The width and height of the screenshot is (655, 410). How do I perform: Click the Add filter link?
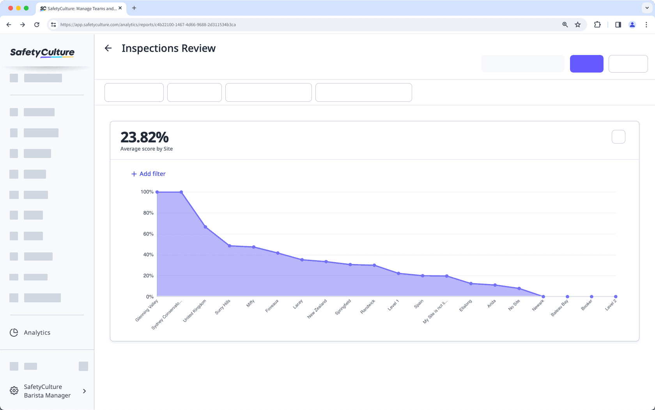pyautogui.click(x=149, y=174)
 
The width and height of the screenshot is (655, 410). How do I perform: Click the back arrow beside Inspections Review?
pyautogui.click(x=108, y=48)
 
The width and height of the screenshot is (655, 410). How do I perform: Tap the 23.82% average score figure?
pyautogui.click(x=144, y=137)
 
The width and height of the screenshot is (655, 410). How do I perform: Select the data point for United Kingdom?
pyautogui.click(x=205, y=227)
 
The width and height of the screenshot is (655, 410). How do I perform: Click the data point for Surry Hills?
pyautogui.click(x=230, y=246)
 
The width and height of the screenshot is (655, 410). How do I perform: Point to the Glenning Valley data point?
pyautogui.click(x=157, y=192)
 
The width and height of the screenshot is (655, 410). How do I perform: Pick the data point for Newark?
pyautogui.click(x=543, y=296)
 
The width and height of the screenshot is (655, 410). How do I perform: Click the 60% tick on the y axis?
pyautogui.click(x=148, y=234)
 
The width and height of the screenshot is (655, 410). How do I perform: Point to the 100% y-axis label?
pyautogui.click(x=147, y=192)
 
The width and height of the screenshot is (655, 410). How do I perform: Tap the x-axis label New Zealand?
pyautogui.click(x=317, y=309)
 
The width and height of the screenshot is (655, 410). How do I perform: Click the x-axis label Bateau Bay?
pyautogui.click(x=559, y=308)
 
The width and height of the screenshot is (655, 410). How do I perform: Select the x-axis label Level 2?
pyautogui.click(x=611, y=305)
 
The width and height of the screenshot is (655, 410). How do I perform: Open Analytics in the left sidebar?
pyautogui.click(x=37, y=333)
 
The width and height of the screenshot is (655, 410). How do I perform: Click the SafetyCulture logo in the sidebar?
pyautogui.click(x=42, y=53)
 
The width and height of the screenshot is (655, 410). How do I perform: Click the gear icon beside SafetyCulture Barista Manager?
pyautogui.click(x=14, y=391)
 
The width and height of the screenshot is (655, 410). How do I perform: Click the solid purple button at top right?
pyautogui.click(x=586, y=64)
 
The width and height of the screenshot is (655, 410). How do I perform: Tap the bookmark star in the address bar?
pyautogui.click(x=578, y=25)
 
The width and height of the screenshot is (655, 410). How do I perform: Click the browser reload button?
pyautogui.click(x=37, y=25)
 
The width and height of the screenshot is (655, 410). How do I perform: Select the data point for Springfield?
pyautogui.click(x=350, y=264)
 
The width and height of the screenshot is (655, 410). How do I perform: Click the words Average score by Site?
pyautogui.click(x=147, y=149)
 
